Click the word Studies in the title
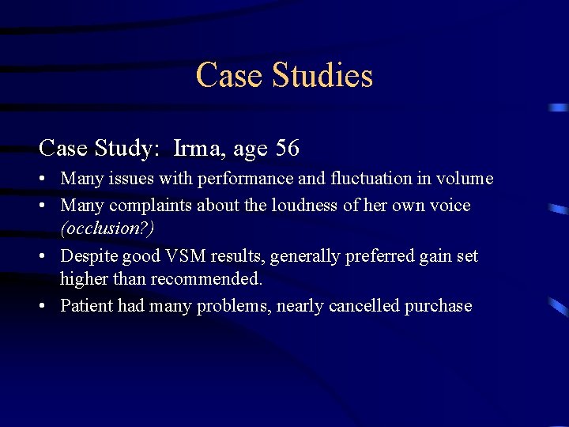coord(322,76)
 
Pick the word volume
coord(465,179)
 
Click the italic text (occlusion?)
coord(107,229)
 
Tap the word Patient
coord(86,306)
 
